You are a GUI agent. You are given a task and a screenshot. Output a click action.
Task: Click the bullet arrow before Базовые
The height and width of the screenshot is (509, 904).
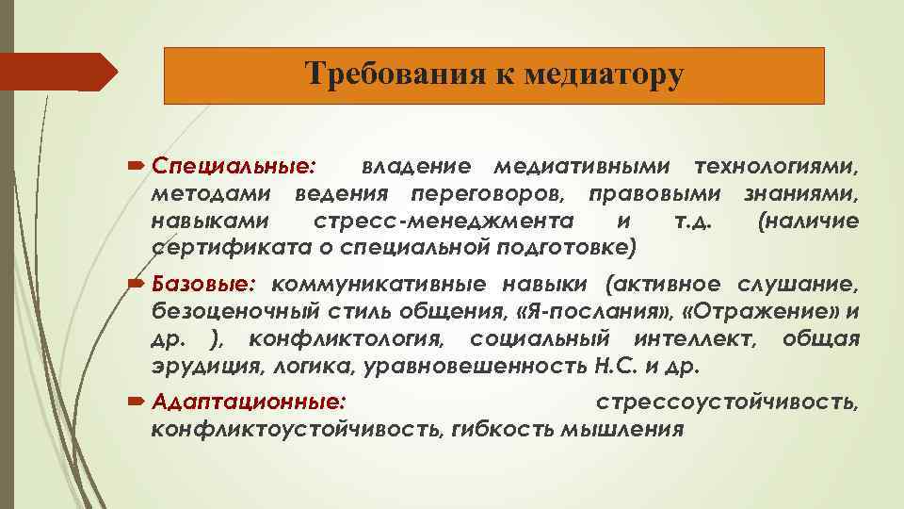coord(137,284)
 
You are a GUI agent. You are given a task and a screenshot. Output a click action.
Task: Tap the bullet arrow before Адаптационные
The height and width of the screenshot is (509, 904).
coord(137,402)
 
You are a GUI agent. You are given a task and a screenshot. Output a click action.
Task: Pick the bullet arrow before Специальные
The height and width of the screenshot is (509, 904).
coord(137,167)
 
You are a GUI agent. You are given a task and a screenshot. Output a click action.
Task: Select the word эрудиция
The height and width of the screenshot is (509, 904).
coord(196,366)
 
